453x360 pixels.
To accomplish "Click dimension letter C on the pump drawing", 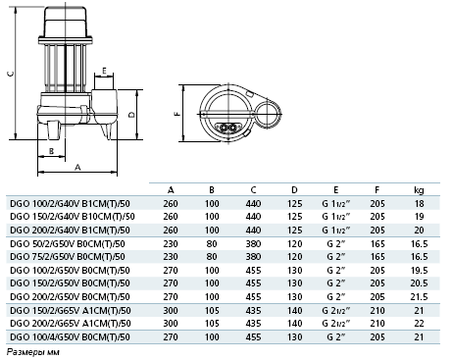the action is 11,74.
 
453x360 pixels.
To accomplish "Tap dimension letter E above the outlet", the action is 104,71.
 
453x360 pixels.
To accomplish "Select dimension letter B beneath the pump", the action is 51,151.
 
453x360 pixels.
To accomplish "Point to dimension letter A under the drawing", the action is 77,167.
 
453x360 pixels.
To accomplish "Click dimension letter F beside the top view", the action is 177,114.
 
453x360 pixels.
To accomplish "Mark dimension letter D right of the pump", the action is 131,115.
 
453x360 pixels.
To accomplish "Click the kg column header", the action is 419,190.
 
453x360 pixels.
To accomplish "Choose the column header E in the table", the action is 335,190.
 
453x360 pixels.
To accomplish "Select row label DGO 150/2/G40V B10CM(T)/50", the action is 73,217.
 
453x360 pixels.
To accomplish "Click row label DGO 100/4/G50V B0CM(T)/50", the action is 70,337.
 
